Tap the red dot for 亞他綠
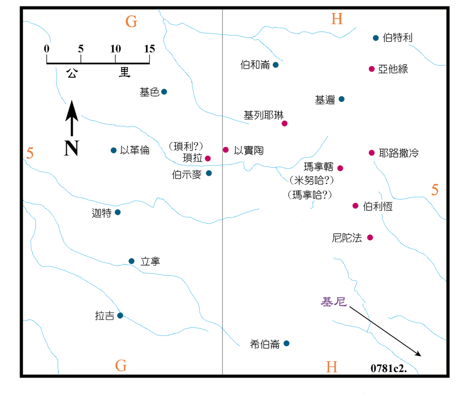371,68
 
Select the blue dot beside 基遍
341,99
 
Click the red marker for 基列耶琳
284,123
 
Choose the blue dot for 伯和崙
275,65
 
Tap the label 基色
149,92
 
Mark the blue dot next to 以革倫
113,150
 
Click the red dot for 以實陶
226,150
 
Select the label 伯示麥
187,174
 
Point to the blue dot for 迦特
118,212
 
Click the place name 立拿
150,261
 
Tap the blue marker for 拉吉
120,315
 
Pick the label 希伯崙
265,344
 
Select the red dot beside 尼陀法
370,237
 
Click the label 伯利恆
378,206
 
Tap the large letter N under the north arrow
70,148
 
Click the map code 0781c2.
388,367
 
